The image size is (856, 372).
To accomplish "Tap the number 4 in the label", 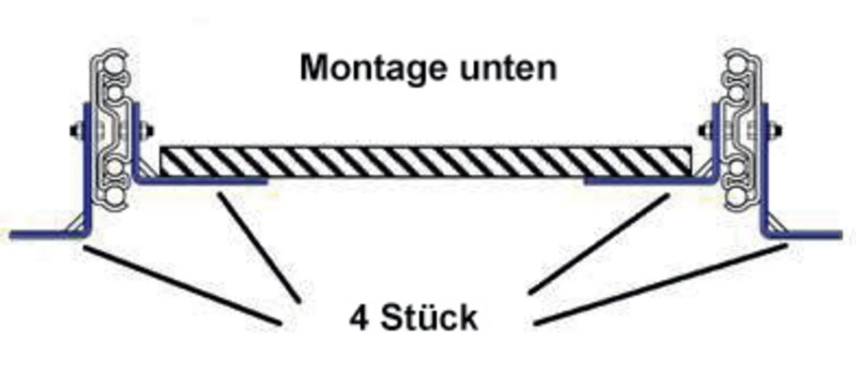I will point(358,318).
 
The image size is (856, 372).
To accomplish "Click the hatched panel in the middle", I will point(426,161).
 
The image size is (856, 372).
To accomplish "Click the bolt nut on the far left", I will point(74,130).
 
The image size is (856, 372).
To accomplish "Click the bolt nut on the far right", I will point(778,130).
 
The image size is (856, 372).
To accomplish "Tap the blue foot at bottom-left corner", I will point(45,234).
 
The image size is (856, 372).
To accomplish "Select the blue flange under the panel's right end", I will point(642,181).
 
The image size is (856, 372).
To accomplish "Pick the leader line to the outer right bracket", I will point(660,284).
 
